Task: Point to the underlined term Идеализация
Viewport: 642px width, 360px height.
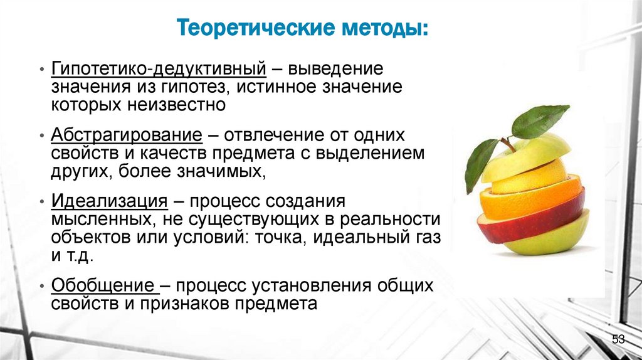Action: (109, 202)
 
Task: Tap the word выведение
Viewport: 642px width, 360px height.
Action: (339, 68)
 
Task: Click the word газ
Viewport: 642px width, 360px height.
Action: (428, 238)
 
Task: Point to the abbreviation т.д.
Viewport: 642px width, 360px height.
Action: (80, 257)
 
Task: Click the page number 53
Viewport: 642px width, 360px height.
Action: (618, 339)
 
